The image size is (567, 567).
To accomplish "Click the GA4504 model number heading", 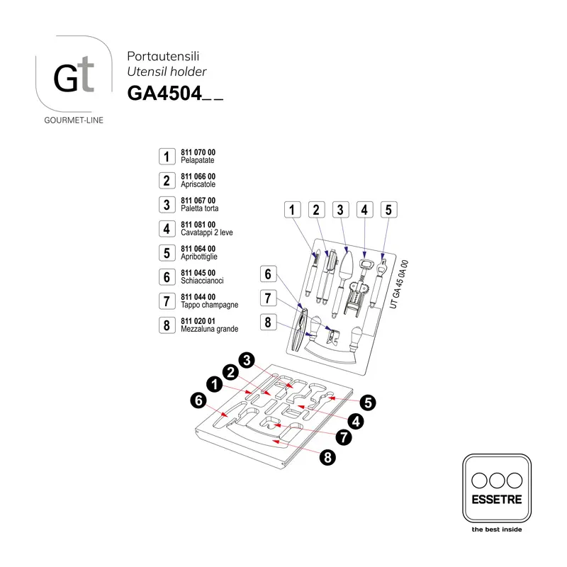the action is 175,94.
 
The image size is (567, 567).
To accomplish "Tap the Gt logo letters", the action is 74,74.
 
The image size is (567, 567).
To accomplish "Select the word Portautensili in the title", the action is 163,56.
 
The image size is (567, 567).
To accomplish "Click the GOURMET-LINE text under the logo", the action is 74,120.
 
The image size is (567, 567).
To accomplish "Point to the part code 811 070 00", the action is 198,152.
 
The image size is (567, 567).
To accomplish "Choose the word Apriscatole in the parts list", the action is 198,184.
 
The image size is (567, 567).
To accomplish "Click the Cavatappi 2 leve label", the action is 207,232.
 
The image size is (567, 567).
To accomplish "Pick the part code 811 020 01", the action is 198,321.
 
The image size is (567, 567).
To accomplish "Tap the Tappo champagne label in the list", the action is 210,305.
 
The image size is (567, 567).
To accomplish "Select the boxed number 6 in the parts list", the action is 167,277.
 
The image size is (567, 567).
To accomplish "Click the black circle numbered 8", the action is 327,457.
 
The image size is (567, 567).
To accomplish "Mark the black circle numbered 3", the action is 247,360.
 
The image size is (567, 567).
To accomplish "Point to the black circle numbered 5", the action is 368,403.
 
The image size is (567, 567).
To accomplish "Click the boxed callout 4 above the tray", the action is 364,210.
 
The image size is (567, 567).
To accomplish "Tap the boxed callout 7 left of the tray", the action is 269,298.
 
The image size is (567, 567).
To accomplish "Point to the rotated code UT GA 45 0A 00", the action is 399,285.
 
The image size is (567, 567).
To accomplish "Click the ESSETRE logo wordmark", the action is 497,500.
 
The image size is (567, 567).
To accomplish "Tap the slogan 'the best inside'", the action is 497,529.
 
